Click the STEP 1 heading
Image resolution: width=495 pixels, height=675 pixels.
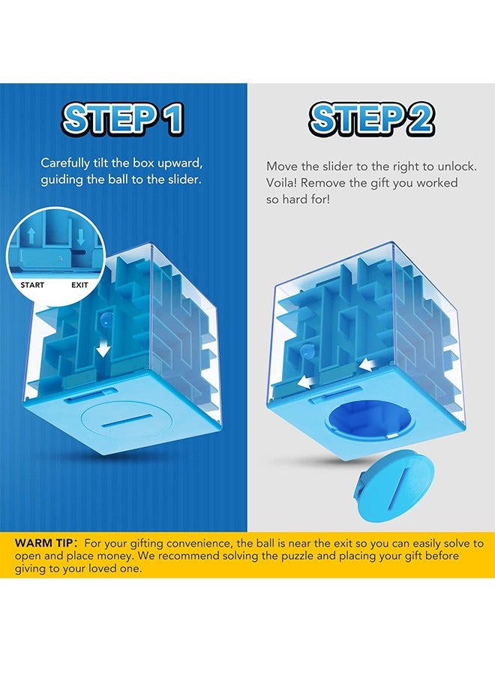124,119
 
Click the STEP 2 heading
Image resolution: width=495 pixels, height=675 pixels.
373,119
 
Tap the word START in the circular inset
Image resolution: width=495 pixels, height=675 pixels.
31,285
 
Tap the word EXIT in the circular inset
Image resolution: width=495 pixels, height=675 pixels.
79,285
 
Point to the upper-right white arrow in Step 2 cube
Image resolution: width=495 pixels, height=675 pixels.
366,365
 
